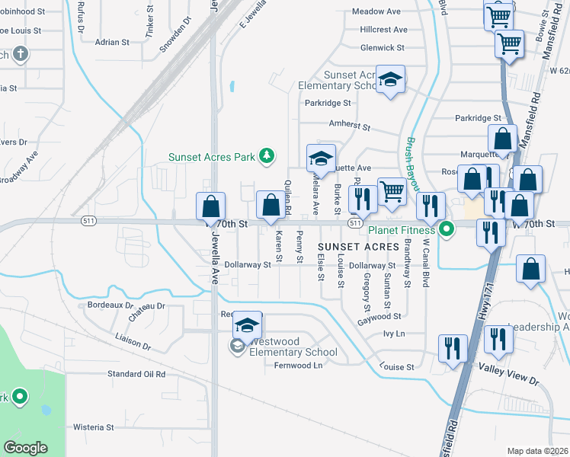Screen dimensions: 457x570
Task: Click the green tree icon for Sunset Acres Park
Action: click(266, 157)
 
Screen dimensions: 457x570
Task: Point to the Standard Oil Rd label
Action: click(136, 374)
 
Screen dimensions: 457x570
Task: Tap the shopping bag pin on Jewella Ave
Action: click(211, 206)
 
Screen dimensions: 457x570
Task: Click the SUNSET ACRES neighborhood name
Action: click(358, 248)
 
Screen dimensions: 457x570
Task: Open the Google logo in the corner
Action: click(26, 447)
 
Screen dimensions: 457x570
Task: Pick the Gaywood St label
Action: click(379, 316)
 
